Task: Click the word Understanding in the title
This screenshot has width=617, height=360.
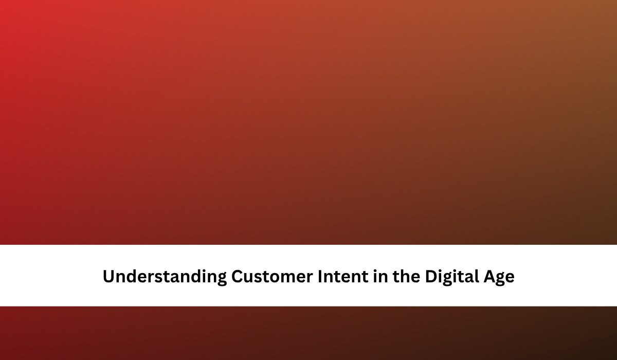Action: pyautogui.click(x=165, y=277)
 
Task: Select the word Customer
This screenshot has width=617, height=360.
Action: pyautogui.click(x=272, y=276)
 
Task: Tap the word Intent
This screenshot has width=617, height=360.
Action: pyautogui.click(x=343, y=276)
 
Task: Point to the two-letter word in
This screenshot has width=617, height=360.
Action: pyautogui.click(x=380, y=276)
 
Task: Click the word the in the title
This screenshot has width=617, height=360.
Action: pyautogui.click(x=407, y=276)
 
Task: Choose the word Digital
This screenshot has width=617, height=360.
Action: pyautogui.click(x=452, y=277)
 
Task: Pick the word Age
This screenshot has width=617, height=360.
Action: pyautogui.click(x=499, y=278)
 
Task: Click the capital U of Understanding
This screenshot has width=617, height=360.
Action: pyautogui.click(x=109, y=277)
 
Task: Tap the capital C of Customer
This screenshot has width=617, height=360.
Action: pyautogui.click(x=238, y=277)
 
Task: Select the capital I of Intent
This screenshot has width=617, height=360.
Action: pyautogui.click(x=320, y=276)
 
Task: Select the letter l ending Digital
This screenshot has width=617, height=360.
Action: pyautogui.click(x=477, y=276)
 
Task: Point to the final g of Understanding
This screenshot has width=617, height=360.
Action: pyautogui.click(x=222, y=279)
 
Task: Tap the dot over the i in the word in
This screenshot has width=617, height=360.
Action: pyautogui.click(x=375, y=271)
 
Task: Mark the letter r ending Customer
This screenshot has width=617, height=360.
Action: pyautogui.click(x=310, y=278)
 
